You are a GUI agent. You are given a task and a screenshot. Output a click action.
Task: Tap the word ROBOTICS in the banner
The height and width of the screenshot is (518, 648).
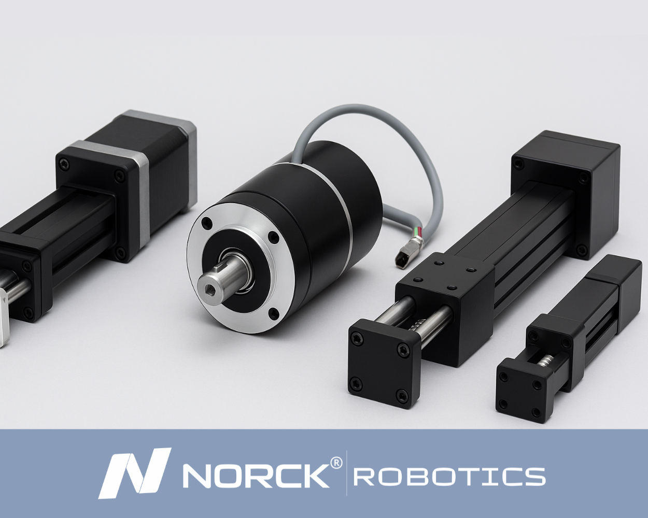pyautogui.click(x=449, y=477)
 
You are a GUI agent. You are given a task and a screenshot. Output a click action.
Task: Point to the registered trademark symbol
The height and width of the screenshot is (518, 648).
pyautogui.click(x=336, y=464)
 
